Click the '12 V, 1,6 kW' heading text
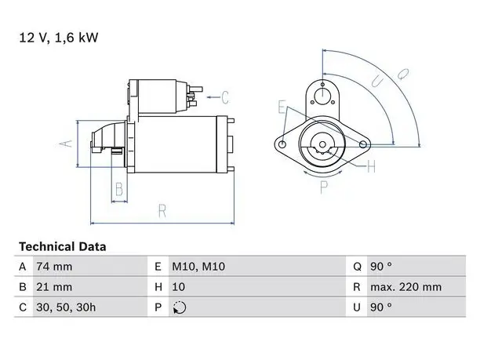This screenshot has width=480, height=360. coord(59,38)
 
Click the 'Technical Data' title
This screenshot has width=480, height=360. coord(63,247)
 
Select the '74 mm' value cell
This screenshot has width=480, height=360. coord(54,267)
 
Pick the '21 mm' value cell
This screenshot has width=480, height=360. coord(54,287)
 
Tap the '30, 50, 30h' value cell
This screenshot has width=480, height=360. coord(66,307)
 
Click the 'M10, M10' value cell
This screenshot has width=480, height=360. coord(198,267)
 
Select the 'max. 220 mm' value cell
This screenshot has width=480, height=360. coord(406,287)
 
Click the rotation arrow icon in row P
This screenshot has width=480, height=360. coord(180,307)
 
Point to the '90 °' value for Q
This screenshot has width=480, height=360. coord(381,267)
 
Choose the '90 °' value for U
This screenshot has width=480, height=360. coord(381,307)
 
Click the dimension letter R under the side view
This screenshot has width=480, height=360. coord(162,211)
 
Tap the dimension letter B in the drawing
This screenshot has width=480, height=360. coord(119,189)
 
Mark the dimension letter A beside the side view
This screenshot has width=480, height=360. coord(66,144)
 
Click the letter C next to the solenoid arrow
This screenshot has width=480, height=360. coord(225,97)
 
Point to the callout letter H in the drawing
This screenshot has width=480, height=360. coord(371,167)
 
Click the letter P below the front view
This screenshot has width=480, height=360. coord(324,187)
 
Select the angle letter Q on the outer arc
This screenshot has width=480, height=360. coord(403,74)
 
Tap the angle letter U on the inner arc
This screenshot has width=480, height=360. coord(377,82)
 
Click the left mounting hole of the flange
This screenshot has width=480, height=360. coord(283,144)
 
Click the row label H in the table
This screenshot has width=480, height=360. coord(158,287)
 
